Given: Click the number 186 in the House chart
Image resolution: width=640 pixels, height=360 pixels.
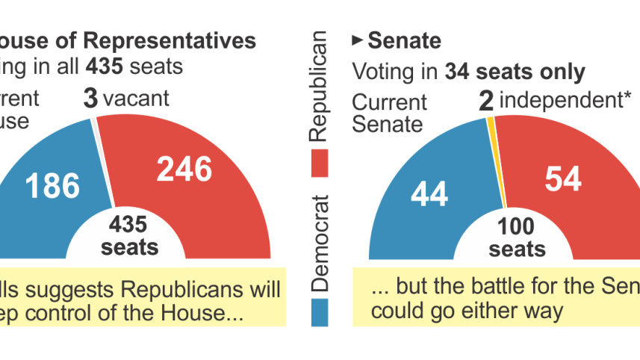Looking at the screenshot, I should (52, 185).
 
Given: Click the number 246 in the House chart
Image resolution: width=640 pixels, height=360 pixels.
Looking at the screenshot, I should (184, 170).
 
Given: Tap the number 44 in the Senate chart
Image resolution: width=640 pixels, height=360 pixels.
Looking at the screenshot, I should (429, 194).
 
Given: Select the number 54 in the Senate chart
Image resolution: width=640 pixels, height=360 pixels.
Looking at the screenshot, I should (564, 179).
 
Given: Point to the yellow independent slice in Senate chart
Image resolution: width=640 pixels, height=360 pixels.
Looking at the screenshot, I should (494, 149).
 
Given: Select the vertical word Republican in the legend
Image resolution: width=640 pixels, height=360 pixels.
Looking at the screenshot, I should (319, 87).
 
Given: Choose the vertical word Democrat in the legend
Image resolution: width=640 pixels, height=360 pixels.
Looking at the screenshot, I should (319, 243).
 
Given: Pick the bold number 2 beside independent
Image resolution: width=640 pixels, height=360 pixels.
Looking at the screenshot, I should (486, 102).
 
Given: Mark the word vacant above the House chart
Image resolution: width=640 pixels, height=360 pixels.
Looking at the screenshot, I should (137, 98).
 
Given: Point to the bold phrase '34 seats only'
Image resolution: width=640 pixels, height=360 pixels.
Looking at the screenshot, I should (515, 72).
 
